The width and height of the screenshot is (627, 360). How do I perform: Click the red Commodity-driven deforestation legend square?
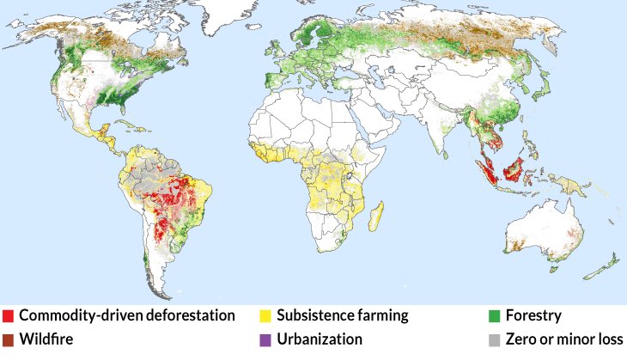coord(8,316)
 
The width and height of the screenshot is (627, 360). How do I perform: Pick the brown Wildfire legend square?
coord(8,339)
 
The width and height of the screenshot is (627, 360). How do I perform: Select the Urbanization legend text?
coord(319,339)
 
